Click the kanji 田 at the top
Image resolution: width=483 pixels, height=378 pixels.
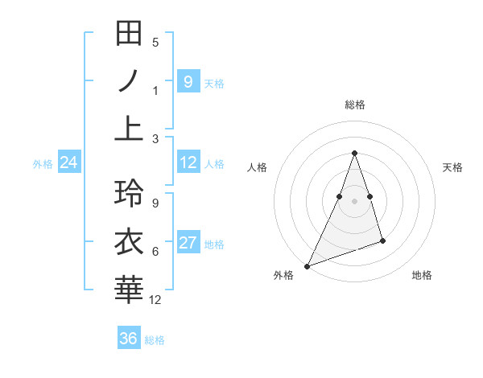(x=130, y=34)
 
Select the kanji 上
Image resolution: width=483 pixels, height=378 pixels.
(x=130, y=129)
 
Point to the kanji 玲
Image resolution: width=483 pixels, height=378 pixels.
(x=130, y=193)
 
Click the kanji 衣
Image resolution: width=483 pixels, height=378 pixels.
(x=130, y=241)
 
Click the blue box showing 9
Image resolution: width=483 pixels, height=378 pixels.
(x=188, y=81)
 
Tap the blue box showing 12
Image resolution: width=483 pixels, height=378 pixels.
(x=188, y=163)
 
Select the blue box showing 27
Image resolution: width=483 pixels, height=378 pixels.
(x=188, y=244)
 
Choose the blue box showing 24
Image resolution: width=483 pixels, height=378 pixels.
(x=68, y=163)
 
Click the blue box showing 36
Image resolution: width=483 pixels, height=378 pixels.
(x=128, y=339)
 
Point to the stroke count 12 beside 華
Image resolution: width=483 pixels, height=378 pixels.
(x=155, y=300)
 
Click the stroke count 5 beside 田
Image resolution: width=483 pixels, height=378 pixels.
(x=155, y=43)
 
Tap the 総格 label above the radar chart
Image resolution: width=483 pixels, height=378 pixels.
(x=354, y=105)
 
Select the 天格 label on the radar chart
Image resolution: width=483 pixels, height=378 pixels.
(x=452, y=167)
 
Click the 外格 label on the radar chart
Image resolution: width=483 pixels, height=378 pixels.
(x=283, y=275)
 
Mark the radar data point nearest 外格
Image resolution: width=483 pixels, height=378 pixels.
(x=307, y=265)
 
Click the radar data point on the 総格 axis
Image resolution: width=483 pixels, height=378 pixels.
(x=354, y=153)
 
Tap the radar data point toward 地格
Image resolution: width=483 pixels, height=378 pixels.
(x=382, y=240)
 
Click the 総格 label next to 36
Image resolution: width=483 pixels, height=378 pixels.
(x=155, y=340)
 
